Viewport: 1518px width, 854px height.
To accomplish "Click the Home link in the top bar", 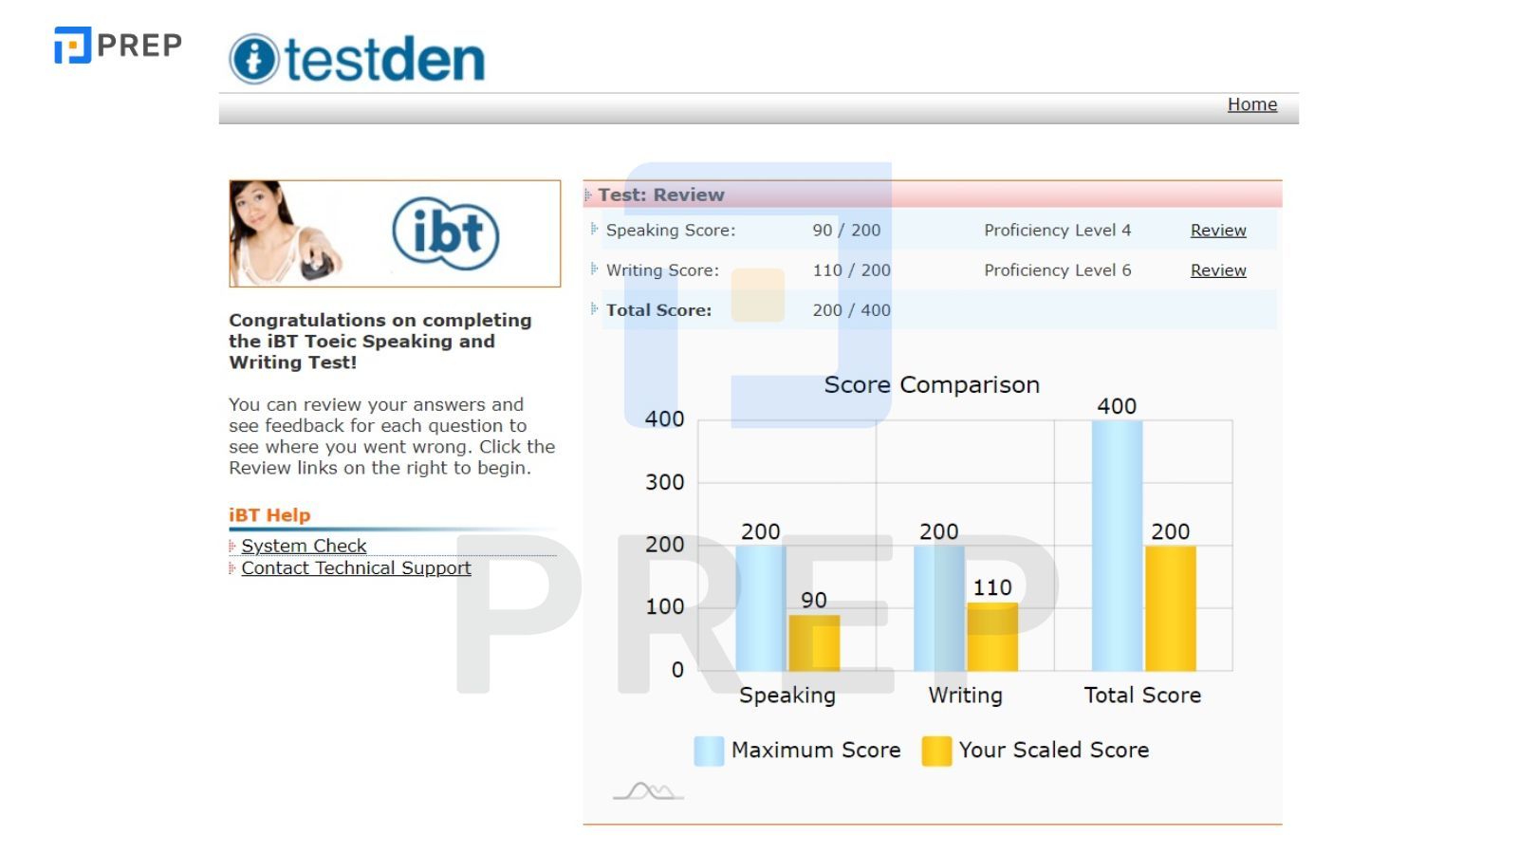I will pyautogui.click(x=1251, y=104).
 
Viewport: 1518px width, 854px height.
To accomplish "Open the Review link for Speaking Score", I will pyautogui.click(x=1218, y=231).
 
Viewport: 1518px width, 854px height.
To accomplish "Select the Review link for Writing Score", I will pyautogui.click(x=1218, y=270).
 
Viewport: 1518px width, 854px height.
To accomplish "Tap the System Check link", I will pyautogui.click(x=304, y=546).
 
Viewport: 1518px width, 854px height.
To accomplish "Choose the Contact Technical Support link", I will pyautogui.click(x=356, y=567).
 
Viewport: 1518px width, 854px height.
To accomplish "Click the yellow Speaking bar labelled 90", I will pyautogui.click(x=814, y=642).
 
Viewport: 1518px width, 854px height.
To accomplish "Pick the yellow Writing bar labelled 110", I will pyautogui.click(x=992, y=637).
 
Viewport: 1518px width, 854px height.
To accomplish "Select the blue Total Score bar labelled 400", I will pyautogui.click(x=1117, y=546).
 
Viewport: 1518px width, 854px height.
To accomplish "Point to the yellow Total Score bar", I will pyautogui.click(x=1170, y=608).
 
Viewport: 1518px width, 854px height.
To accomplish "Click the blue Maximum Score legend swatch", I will pyautogui.click(x=709, y=751).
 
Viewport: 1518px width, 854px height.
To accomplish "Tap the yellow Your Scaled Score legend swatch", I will pyautogui.click(x=936, y=751).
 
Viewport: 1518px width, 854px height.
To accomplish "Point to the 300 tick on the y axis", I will pyautogui.click(x=664, y=482).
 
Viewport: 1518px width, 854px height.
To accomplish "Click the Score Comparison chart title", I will pyautogui.click(x=932, y=384).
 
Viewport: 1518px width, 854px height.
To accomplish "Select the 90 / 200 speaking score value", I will pyautogui.click(x=846, y=231).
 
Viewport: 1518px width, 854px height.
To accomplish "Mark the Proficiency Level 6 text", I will pyautogui.click(x=1057, y=270).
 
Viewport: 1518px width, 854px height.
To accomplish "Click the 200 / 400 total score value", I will pyautogui.click(x=851, y=310).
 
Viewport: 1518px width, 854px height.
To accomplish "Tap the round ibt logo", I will pyautogui.click(x=445, y=233).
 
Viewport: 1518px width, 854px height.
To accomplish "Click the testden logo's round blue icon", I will pyautogui.click(x=253, y=60).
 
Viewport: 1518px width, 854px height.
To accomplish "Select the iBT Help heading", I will pyautogui.click(x=269, y=515).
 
